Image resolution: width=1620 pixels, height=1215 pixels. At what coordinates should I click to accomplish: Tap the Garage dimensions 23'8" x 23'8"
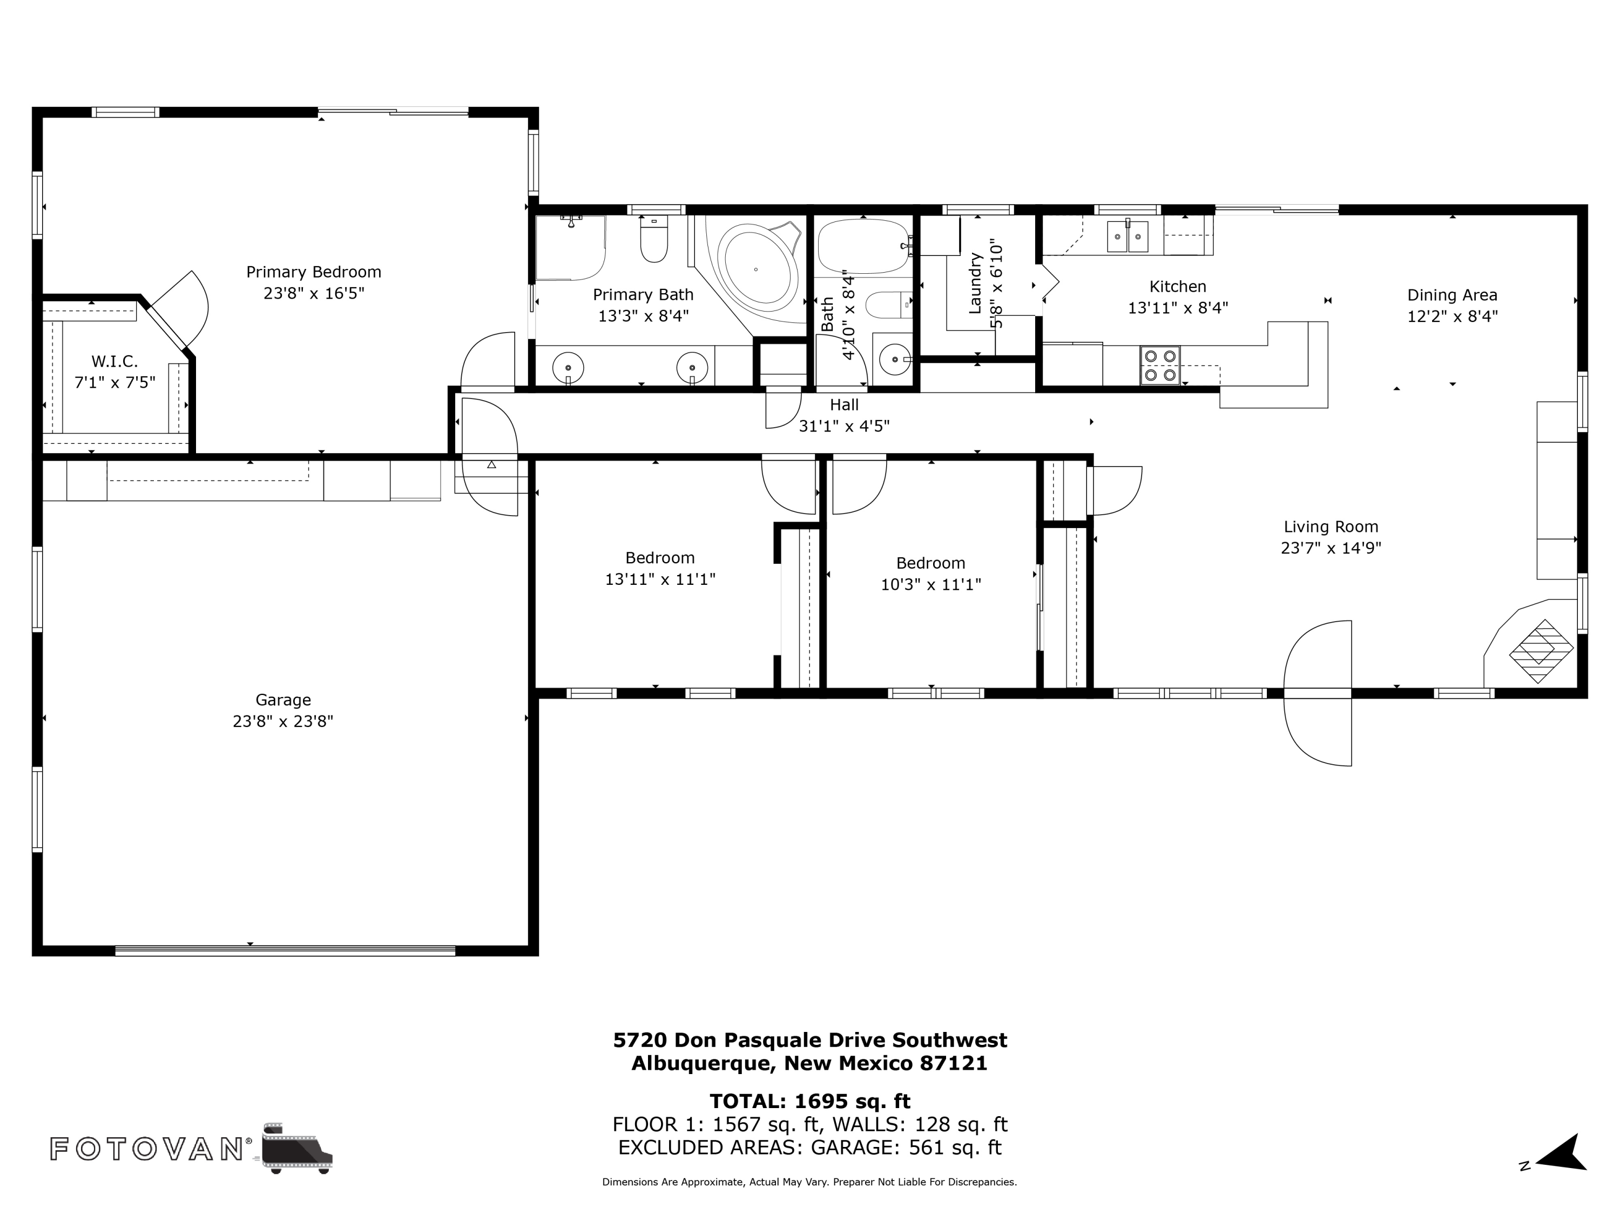tap(283, 721)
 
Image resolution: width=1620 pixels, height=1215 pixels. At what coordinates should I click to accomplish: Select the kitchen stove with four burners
tap(1160, 364)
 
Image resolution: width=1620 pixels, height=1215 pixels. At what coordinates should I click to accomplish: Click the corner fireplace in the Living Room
tap(1540, 651)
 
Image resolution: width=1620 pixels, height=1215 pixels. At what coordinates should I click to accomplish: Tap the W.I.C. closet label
tap(114, 361)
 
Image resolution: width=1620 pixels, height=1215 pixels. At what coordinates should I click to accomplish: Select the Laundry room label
tap(975, 284)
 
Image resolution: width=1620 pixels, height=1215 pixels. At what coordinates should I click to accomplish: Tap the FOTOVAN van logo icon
tap(296, 1147)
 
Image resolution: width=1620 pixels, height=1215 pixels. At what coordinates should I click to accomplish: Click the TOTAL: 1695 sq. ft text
tap(809, 1101)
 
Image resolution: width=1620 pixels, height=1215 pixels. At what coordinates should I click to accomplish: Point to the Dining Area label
tap(1452, 295)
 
